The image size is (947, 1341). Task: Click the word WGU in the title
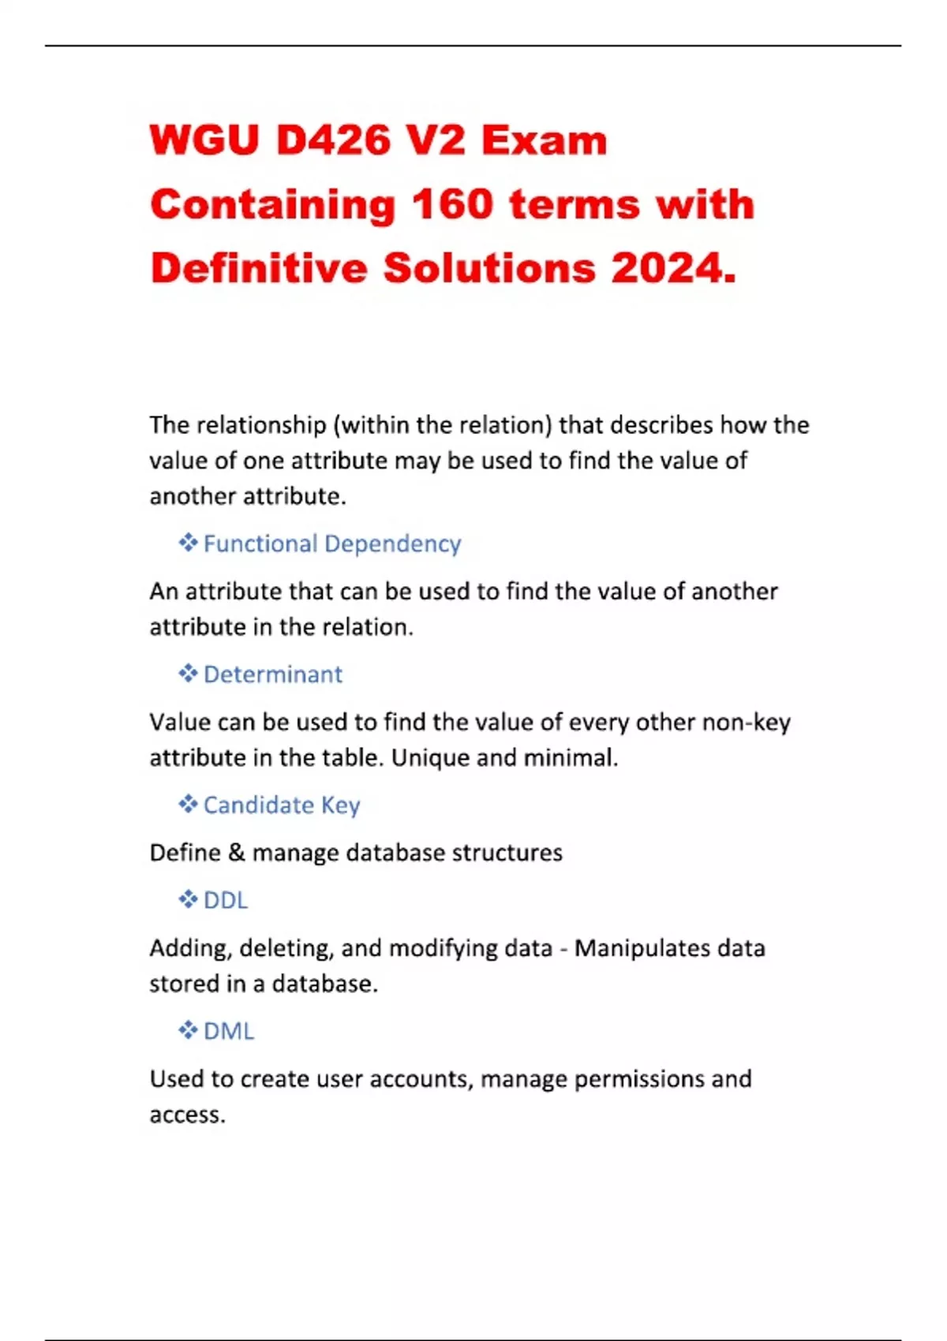click(204, 141)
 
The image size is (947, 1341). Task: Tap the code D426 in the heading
click(334, 141)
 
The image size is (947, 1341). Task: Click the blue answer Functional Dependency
click(332, 543)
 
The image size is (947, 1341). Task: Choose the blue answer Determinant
click(273, 674)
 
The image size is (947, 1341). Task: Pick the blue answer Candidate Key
click(282, 805)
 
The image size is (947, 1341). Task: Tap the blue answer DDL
click(226, 901)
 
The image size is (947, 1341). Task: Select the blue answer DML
click(229, 1032)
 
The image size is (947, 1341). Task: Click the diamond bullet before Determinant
click(188, 674)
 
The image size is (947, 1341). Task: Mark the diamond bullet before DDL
click(188, 900)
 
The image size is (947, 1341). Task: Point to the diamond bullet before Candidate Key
click(188, 805)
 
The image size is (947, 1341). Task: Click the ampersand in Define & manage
click(237, 853)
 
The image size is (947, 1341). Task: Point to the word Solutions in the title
click(489, 268)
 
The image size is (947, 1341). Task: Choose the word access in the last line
click(186, 1115)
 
